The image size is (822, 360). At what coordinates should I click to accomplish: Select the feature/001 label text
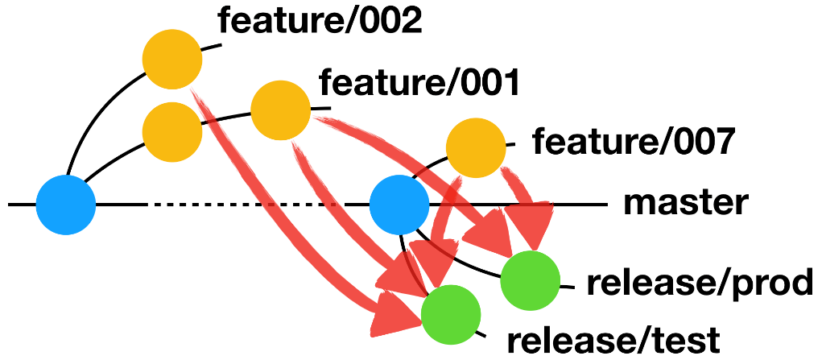point(419,82)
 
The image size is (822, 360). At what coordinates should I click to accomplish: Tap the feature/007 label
point(634,143)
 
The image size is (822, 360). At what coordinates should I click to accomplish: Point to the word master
point(685,203)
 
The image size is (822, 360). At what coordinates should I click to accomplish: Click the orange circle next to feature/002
point(172,58)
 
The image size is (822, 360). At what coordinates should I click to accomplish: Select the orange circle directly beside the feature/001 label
point(280,110)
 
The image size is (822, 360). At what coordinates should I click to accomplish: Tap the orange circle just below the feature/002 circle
point(171,130)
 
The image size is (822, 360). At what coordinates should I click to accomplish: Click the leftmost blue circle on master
point(66,205)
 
